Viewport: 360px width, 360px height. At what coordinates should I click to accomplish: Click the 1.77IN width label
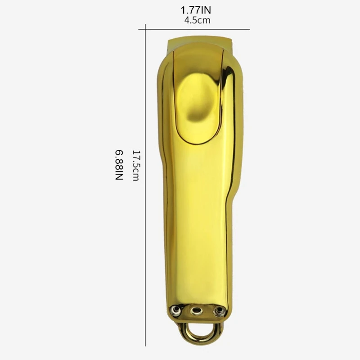coord(196,10)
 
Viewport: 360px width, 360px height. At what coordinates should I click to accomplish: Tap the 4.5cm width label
coord(197,20)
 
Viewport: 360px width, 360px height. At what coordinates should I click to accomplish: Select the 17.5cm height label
coord(136,166)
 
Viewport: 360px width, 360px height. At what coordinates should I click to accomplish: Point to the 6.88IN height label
coord(119,165)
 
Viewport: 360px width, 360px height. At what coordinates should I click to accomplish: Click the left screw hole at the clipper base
coord(175,310)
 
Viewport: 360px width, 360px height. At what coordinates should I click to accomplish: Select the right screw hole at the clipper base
coord(218,310)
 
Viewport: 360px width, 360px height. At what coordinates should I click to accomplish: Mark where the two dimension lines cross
coord(145,29)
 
